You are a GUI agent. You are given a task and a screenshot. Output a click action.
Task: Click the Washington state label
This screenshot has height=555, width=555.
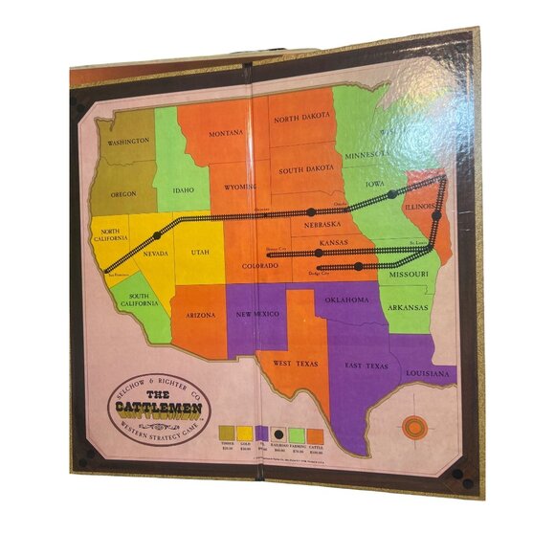click(x=128, y=142)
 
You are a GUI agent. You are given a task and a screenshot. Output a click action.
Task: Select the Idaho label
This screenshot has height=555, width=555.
click(x=183, y=189)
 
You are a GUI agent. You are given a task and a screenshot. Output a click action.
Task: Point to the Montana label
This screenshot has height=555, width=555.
click(x=228, y=133)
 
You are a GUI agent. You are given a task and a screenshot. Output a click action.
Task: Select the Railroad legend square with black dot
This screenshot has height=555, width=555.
click(x=277, y=433)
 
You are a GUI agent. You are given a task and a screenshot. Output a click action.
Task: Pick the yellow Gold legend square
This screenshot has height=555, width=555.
click(x=245, y=433)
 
